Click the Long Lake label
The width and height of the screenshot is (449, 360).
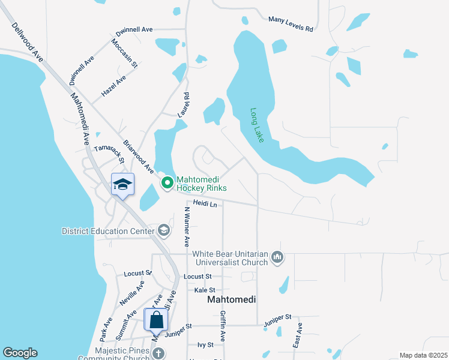tap(257, 125)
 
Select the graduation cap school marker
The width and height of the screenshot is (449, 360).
tap(122, 185)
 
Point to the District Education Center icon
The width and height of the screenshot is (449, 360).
tap(163, 230)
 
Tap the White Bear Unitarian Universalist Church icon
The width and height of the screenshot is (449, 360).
tap(277, 257)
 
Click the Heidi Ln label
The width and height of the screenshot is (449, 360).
tap(205, 204)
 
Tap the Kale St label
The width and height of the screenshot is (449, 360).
tap(205, 290)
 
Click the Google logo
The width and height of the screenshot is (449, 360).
tap(20, 353)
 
